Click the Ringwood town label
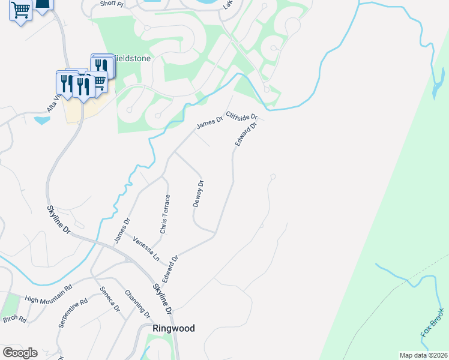pyautogui.click(x=173, y=328)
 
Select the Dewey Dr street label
pyautogui.click(x=199, y=194)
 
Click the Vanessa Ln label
pyautogui.click(x=146, y=248)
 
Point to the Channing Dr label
pyautogui.click(x=137, y=304)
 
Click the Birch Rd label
pyautogui.click(x=14, y=319)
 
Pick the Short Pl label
pyautogui.click(x=111, y=4)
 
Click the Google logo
pyautogui.click(x=20, y=353)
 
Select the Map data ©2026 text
pyautogui.click(x=423, y=355)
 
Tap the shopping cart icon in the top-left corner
pyautogui.click(x=20, y=11)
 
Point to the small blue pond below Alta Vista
pyautogui.click(x=42, y=119)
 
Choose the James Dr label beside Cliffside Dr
pyautogui.click(x=209, y=124)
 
